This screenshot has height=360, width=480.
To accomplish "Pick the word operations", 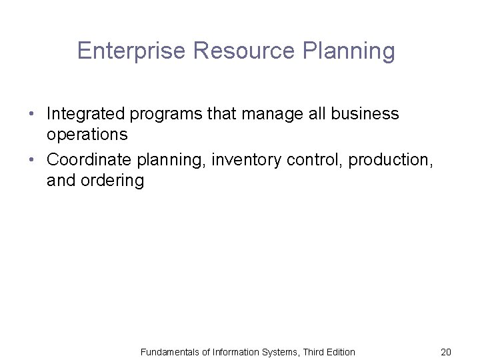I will [x=87, y=134].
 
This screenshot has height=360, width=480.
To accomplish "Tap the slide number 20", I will [x=446, y=351].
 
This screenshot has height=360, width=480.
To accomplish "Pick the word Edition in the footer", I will [x=339, y=351].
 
